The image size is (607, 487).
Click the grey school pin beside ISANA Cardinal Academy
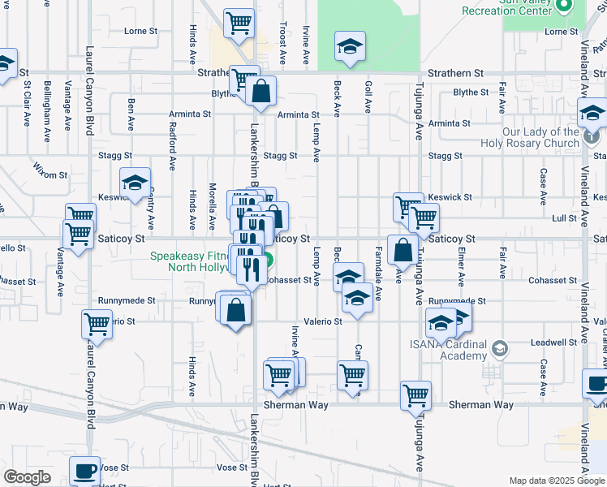point(500,350)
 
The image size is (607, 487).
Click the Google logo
point(27,477)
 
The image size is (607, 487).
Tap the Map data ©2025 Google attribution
point(556,481)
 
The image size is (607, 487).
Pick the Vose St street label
point(231,468)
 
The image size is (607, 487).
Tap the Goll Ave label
point(368,97)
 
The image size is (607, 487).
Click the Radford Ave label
point(172,129)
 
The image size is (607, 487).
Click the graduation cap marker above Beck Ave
point(351,45)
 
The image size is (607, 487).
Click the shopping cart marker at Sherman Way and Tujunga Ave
point(415,395)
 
